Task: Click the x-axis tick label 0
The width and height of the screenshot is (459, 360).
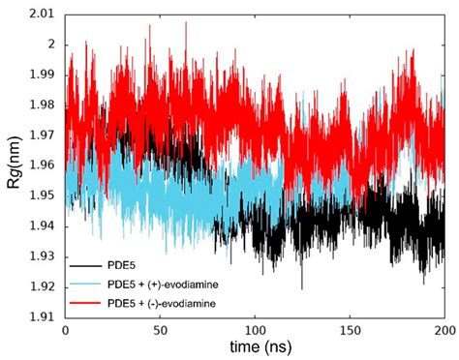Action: point(65,330)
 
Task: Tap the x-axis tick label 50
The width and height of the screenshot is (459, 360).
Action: point(159,330)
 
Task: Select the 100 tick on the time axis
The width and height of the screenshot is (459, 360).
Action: point(254,330)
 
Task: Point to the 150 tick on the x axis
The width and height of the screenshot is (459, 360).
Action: point(349,330)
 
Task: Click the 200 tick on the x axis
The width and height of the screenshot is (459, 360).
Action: point(443,330)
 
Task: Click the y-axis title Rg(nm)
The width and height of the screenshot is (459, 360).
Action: point(14,165)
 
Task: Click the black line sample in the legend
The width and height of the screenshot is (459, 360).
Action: point(84,263)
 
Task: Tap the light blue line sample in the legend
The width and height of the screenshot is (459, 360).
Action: point(84,283)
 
